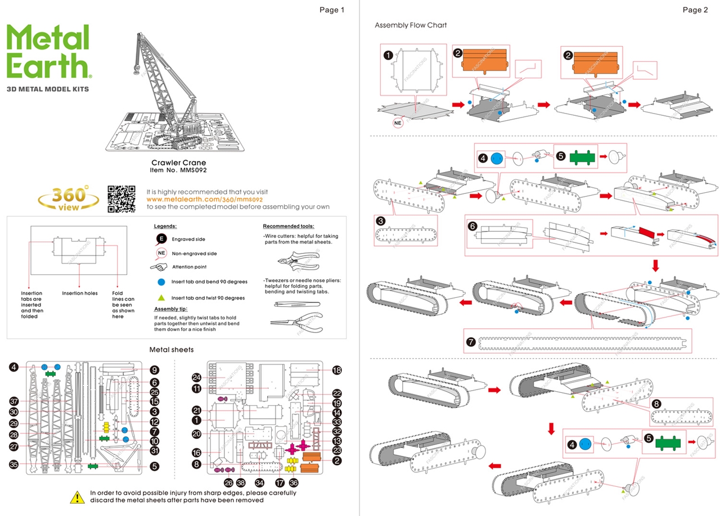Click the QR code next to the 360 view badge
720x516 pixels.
pos(121,199)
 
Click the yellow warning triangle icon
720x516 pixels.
pos(77,496)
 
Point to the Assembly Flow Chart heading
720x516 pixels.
pos(411,25)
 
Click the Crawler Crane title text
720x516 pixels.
pos(178,163)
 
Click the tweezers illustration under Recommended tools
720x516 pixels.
pos(296,304)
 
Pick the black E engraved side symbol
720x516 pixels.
pos(161,239)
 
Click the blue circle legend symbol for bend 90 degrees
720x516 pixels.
pos(161,282)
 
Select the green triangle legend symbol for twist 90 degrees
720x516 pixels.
pos(161,298)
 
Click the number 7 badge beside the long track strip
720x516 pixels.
pos(471,341)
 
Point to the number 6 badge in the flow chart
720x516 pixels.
pos(472,225)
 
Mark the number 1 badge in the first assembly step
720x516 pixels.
pos(388,55)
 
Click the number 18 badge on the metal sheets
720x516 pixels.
pos(337,370)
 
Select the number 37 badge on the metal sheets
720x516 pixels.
pos(14,401)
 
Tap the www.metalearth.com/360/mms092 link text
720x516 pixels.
pos(205,200)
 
